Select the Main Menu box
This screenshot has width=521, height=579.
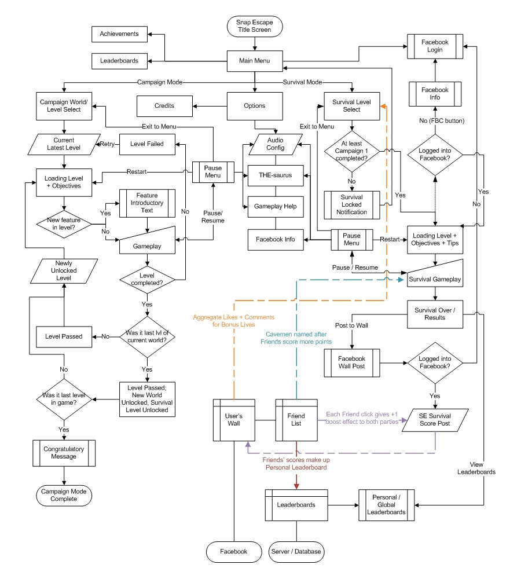(254, 60)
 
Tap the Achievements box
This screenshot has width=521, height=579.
(119, 34)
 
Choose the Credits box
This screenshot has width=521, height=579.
(164, 106)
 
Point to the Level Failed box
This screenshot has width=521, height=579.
(147, 144)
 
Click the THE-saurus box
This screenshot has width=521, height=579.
(276, 175)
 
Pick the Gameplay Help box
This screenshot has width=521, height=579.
(276, 207)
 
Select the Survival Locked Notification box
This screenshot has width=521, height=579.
(351, 205)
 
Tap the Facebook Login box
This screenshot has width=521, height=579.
(435, 46)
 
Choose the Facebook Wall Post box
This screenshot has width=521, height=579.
(351, 362)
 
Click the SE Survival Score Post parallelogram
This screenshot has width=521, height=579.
(435, 420)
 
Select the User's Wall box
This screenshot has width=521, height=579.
(234, 420)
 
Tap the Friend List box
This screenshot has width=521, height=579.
(296, 420)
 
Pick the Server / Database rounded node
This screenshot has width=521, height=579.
(296, 551)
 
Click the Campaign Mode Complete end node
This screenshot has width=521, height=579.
(64, 495)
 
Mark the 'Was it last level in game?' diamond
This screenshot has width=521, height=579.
(64, 398)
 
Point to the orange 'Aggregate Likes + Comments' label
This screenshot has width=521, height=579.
(234, 321)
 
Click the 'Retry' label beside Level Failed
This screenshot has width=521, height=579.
(107, 144)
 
